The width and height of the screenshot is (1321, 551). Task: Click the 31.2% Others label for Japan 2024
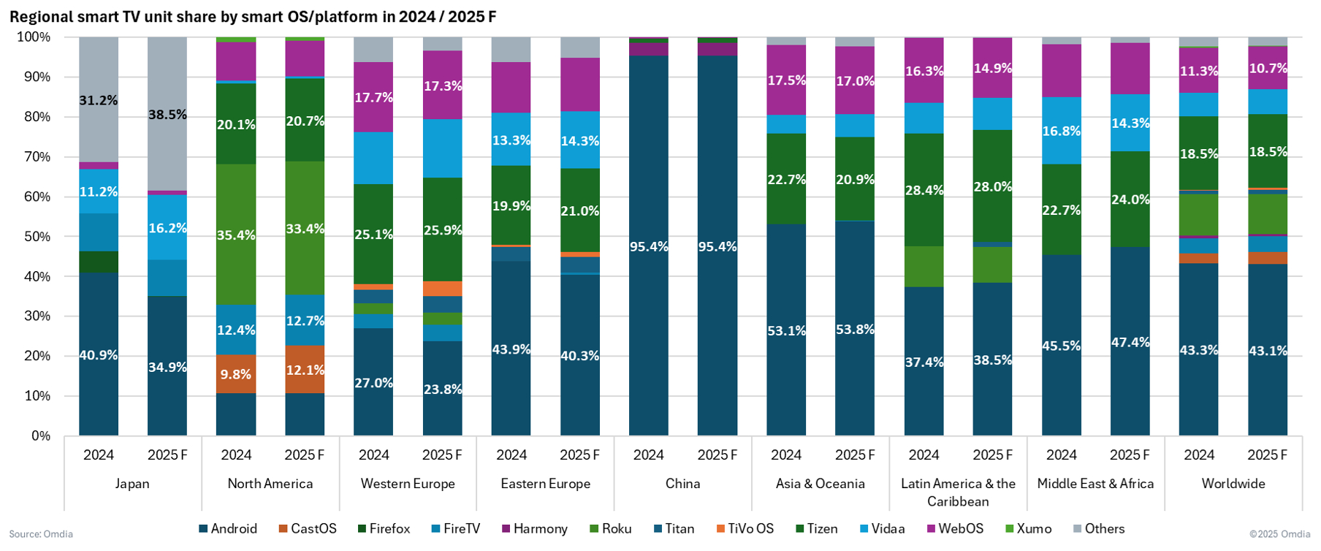click(x=99, y=100)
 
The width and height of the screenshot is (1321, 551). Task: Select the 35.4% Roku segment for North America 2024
click(x=236, y=235)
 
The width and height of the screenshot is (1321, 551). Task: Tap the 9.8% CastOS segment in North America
click(x=236, y=374)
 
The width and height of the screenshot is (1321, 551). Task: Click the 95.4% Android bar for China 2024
click(x=649, y=246)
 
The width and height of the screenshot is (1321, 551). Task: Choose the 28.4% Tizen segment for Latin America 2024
click(x=924, y=190)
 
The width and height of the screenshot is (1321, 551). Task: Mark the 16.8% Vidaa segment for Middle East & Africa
click(x=1062, y=131)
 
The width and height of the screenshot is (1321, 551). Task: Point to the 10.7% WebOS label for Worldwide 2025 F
click(x=1268, y=69)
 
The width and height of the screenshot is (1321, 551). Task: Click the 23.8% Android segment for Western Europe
click(x=443, y=389)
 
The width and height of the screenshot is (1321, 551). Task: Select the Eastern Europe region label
click(x=546, y=484)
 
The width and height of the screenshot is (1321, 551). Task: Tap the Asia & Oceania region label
click(x=821, y=484)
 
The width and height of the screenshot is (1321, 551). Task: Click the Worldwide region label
click(x=1233, y=484)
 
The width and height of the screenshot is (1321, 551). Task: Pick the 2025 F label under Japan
click(x=167, y=455)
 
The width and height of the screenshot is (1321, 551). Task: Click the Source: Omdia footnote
click(x=41, y=534)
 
